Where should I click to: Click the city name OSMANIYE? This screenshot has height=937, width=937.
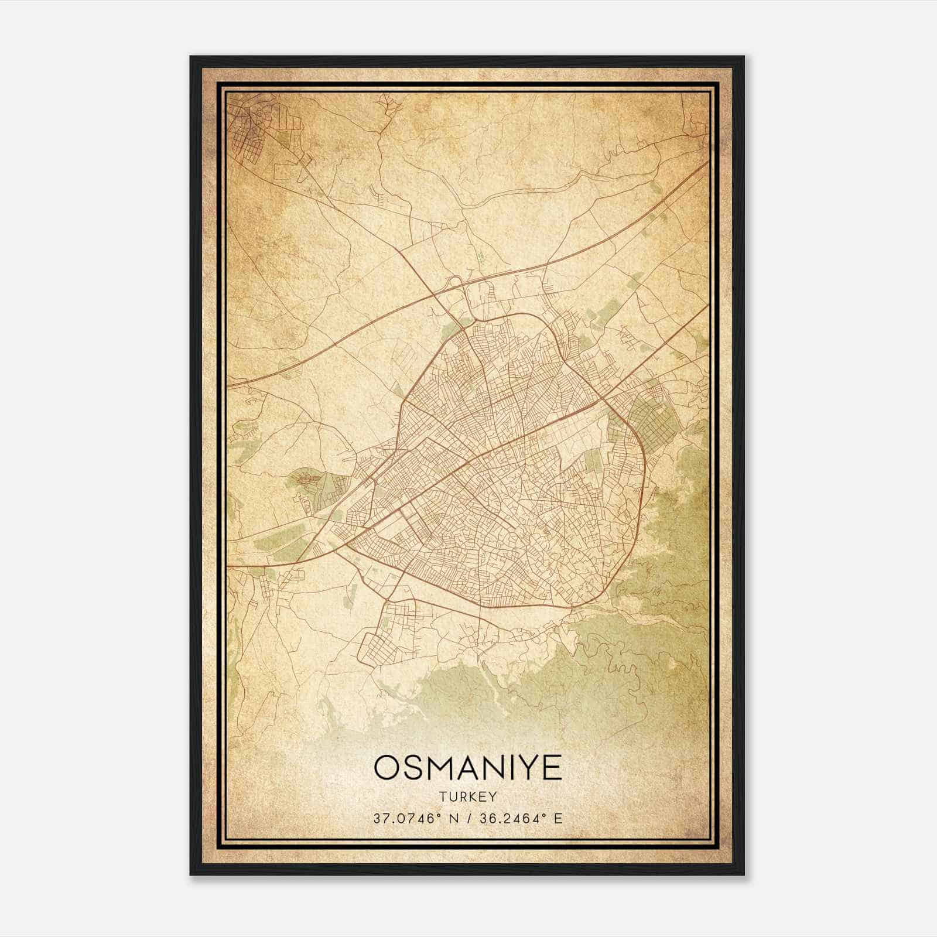point(467,768)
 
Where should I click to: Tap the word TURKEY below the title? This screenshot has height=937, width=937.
point(467,796)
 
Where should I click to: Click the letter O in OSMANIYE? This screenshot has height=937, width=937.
point(387,768)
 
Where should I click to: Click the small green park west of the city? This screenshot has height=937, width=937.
point(316,483)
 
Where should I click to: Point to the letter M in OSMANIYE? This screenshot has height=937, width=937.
point(443,768)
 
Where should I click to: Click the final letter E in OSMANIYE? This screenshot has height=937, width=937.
point(552,768)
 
